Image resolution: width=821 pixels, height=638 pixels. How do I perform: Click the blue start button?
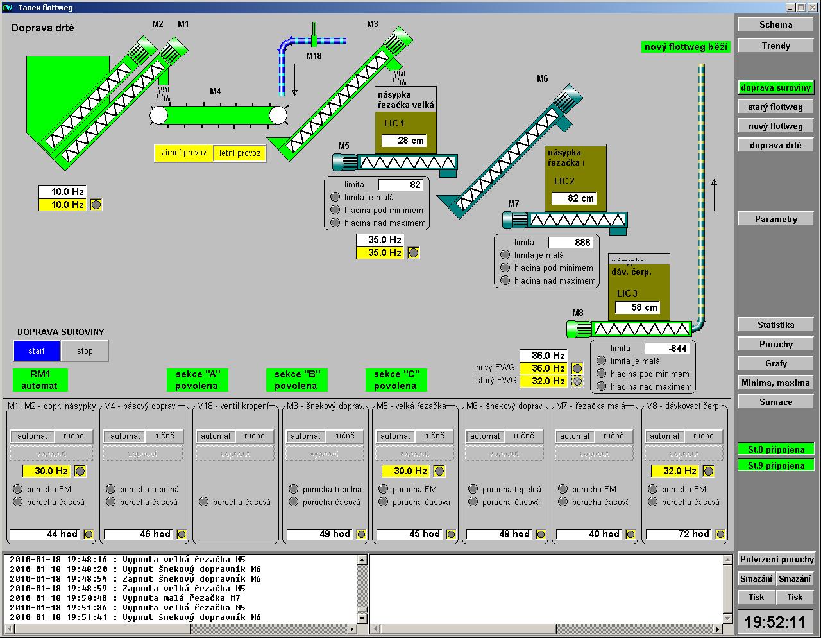click(37, 350)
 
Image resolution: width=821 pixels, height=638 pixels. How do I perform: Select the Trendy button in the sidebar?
click(775, 46)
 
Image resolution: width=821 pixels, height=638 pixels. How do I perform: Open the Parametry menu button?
click(775, 219)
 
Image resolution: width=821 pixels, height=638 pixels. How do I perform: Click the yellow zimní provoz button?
click(184, 153)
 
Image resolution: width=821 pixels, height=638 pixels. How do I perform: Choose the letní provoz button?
click(240, 153)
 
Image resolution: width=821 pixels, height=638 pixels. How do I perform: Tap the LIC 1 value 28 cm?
click(403, 141)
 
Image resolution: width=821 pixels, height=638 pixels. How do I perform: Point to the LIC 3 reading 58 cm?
click(637, 307)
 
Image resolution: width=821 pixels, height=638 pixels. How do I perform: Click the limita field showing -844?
click(666, 349)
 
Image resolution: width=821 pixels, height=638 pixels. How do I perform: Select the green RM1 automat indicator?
click(40, 379)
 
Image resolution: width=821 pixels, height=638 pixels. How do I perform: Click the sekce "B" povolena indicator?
click(296, 379)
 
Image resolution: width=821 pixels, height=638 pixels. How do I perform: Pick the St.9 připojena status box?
click(775, 465)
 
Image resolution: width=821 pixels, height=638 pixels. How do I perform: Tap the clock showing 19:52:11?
click(775, 622)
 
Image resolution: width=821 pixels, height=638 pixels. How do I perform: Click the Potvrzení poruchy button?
click(776, 559)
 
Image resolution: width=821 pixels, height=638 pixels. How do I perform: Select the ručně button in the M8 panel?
click(703, 436)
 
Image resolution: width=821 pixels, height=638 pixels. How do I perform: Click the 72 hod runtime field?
click(684, 534)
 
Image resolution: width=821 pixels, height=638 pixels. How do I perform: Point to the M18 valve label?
click(314, 56)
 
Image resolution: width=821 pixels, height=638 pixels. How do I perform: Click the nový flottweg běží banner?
click(686, 47)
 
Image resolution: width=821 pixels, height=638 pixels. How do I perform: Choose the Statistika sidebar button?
click(775, 325)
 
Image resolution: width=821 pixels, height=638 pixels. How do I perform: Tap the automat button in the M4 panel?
click(125, 436)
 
